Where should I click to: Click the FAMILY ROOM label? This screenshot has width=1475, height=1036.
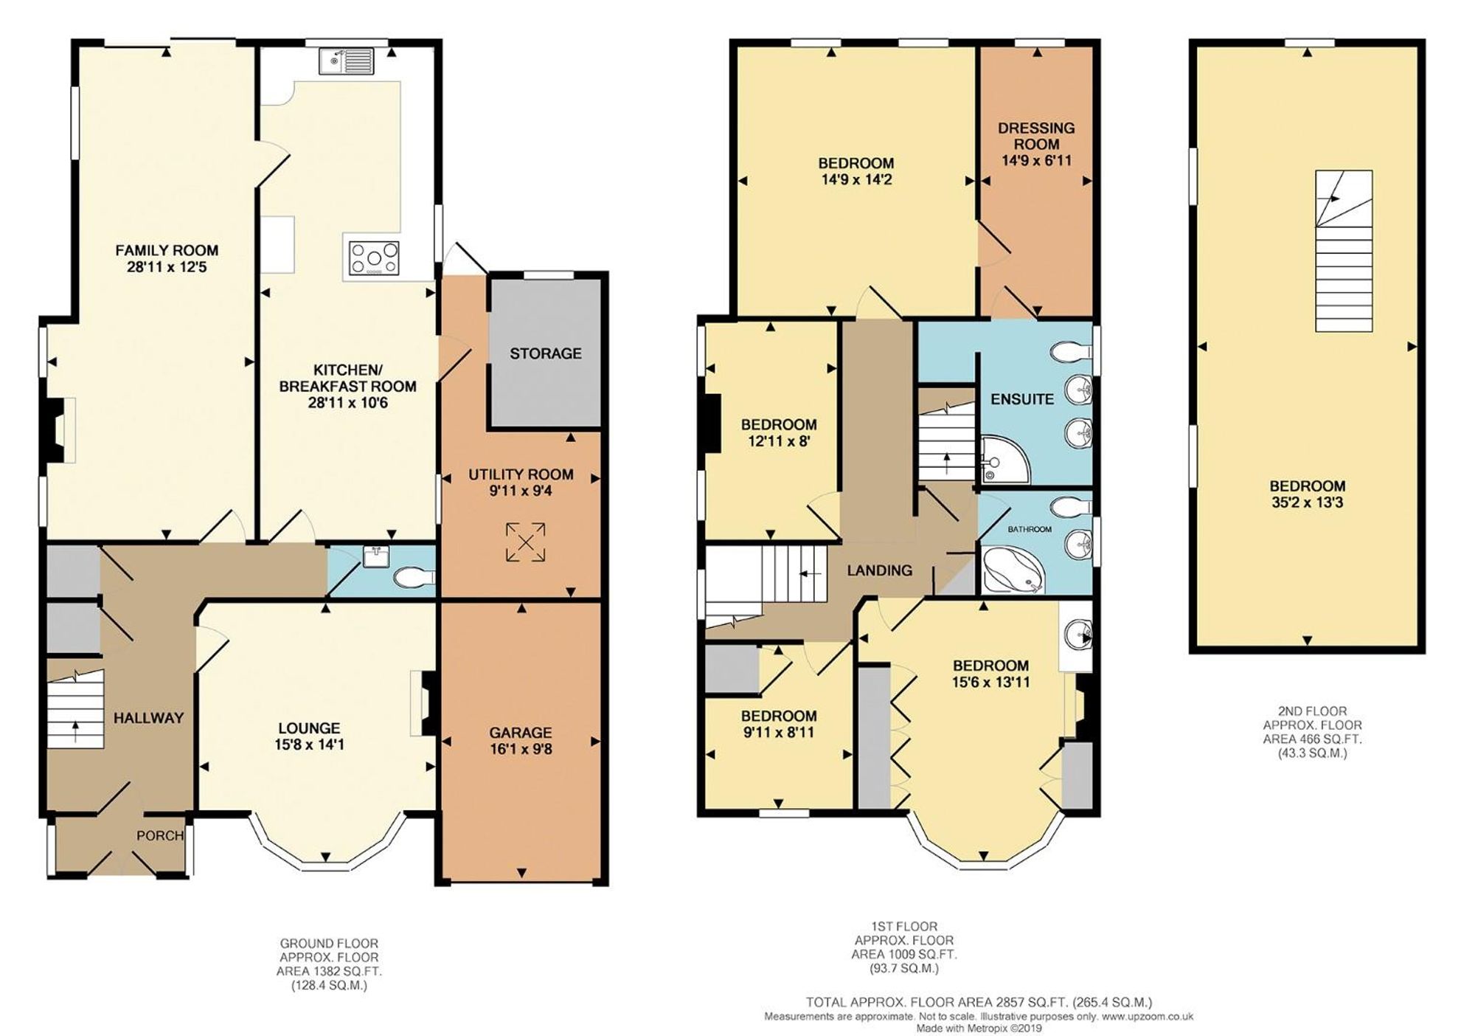click(167, 251)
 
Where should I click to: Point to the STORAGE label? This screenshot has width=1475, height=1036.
click(546, 353)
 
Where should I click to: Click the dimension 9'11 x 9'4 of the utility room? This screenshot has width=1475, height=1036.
click(521, 491)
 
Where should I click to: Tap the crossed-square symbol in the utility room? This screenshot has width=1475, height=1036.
click(526, 542)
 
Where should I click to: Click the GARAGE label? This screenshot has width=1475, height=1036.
click(521, 733)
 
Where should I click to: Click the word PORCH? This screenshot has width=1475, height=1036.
click(160, 835)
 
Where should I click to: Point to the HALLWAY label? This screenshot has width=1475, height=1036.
click(148, 717)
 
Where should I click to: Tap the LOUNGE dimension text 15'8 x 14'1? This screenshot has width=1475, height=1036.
click(309, 745)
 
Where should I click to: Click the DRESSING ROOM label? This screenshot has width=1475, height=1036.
click(1036, 136)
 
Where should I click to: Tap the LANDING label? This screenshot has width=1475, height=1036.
click(879, 570)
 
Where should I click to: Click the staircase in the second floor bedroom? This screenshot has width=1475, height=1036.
click(1344, 251)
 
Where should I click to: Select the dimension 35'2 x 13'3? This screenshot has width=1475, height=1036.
click(1307, 503)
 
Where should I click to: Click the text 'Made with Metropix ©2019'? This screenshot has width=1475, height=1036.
click(979, 1028)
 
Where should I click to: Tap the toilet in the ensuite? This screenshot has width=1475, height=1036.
click(1071, 353)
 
